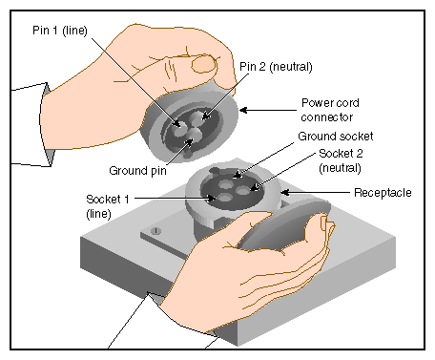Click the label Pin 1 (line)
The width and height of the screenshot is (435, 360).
(60, 31)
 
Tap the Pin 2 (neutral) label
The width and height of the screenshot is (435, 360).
(276, 67)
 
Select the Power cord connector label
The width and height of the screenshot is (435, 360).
(330, 110)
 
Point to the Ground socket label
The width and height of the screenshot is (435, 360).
(336, 137)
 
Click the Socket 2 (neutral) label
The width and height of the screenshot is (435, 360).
(341, 160)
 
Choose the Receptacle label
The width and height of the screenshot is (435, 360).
(383, 193)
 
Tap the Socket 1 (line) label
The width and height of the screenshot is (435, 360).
(108, 206)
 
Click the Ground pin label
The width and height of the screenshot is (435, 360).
(137, 171)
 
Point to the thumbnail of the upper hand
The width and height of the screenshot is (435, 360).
(204, 64)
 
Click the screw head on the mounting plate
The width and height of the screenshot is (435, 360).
(155, 230)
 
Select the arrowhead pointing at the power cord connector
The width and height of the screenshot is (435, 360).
(243, 111)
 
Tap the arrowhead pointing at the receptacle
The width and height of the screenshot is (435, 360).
(285, 192)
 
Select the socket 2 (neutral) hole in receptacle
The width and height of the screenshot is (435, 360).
(243, 191)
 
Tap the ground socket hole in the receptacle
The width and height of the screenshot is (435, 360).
(225, 184)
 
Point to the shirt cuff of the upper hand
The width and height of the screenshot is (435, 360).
(47, 125)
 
